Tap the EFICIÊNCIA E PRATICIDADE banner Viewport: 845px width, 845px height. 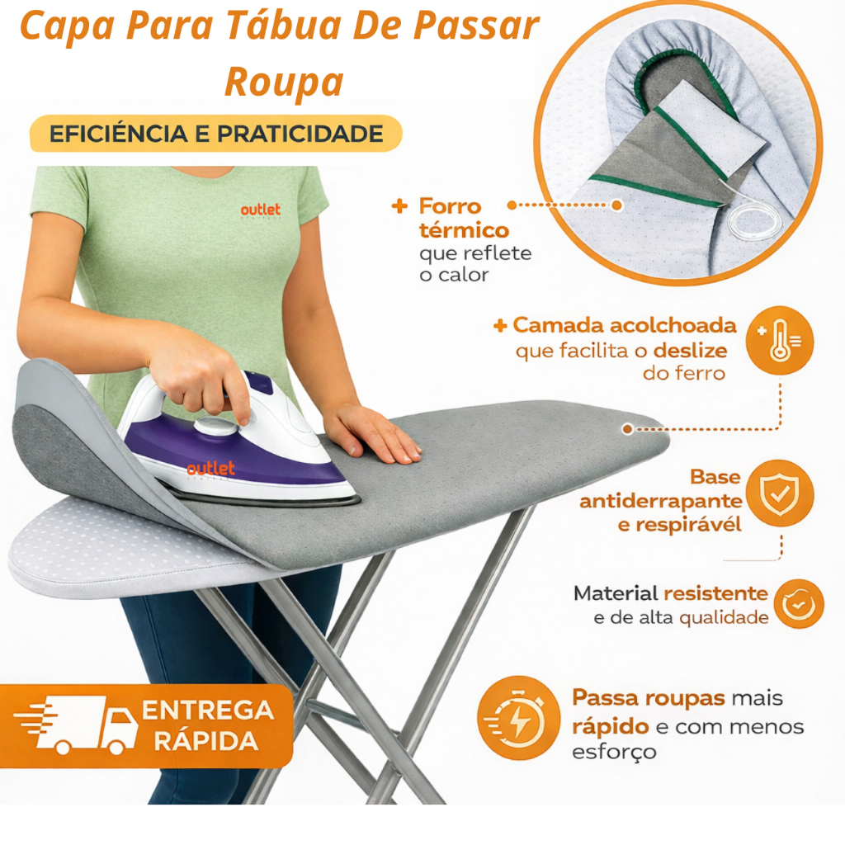tap(216, 134)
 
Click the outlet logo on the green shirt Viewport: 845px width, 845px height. tap(261, 210)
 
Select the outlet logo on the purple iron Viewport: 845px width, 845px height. tap(210, 470)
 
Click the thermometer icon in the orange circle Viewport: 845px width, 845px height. tap(778, 340)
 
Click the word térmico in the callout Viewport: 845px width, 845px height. tap(464, 230)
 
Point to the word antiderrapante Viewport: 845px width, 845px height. tap(660, 501)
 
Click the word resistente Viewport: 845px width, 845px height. tap(715, 592)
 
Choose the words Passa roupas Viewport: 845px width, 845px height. tap(649, 698)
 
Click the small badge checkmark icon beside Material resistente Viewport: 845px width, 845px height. tap(798, 604)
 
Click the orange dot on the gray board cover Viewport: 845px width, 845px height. tap(628, 428)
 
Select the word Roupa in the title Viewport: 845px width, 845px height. tap(284, 81)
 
